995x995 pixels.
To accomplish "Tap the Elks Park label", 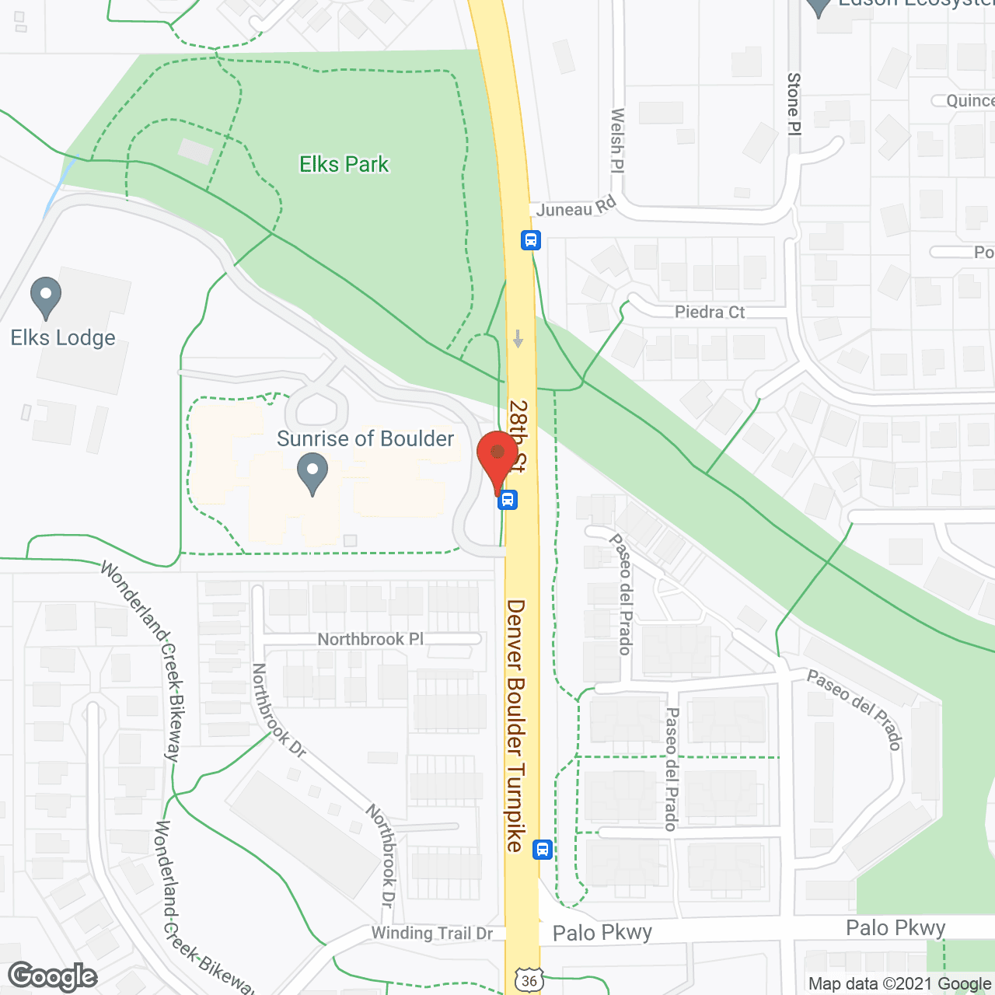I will coord(344,164).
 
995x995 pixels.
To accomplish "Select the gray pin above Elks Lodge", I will coord(46,297).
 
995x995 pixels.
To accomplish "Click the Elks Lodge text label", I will coord(63,337).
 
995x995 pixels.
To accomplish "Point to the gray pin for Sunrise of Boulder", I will coord(312,473).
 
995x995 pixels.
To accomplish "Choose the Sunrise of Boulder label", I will coord(365,438).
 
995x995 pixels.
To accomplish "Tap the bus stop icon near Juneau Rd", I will coord(531,239).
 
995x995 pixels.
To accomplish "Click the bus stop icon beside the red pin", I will coord(508,499).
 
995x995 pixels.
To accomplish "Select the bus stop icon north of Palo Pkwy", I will coord(543,850).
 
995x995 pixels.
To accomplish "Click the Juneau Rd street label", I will coord(576,208).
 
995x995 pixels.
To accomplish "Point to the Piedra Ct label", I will coord(710,312).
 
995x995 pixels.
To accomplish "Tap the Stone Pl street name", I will coord(794,103).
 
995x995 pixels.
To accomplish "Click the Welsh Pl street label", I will coord(618,140).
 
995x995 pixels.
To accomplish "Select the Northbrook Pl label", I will coord(371,639).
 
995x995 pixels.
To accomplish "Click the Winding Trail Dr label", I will coord(432,933).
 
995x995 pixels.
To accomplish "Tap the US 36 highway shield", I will coord(529,980).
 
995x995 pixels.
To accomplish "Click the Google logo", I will coord(53,976).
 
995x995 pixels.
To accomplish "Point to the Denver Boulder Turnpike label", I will coord(516,724).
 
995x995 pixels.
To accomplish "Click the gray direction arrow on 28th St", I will coord(518,339).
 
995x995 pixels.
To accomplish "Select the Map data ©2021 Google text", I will coord(899,983).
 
